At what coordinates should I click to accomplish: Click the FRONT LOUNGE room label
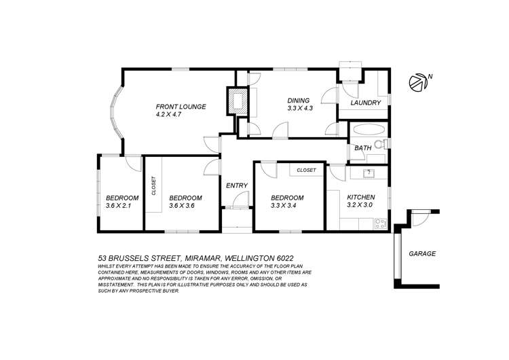tap(181, 107)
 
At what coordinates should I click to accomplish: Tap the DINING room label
tap(297, 98)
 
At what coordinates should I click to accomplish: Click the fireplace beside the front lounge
tap(237, 102)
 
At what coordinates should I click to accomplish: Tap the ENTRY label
tap(236, 185)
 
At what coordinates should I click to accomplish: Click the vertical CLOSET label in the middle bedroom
tap(153, 185)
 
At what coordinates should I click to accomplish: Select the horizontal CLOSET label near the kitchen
tap(306, 170)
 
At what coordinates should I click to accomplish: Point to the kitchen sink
tap(368, 173)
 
